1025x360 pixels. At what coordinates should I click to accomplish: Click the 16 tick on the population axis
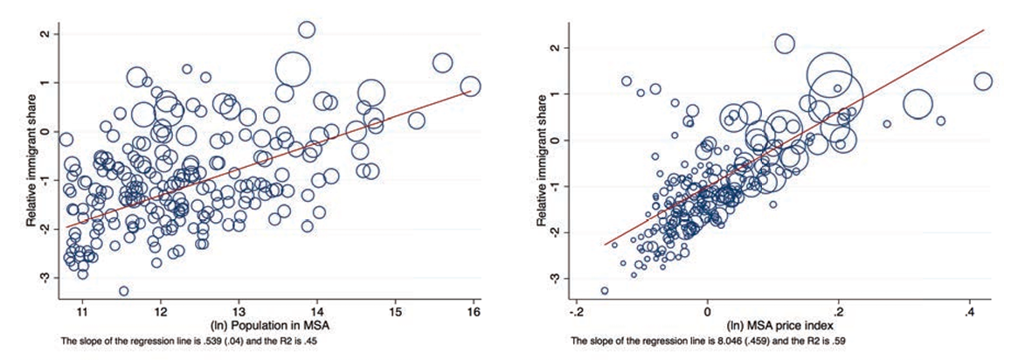point(474,311)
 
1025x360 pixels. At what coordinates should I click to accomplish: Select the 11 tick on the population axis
point(82,311)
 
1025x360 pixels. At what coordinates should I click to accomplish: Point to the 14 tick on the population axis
point(317,311)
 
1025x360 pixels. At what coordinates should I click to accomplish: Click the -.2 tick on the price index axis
point(577,311)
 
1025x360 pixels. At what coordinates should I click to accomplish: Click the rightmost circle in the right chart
point(983,81)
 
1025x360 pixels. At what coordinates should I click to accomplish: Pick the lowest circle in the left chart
point(124,291)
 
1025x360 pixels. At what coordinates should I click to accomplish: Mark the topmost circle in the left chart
point(307,30)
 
